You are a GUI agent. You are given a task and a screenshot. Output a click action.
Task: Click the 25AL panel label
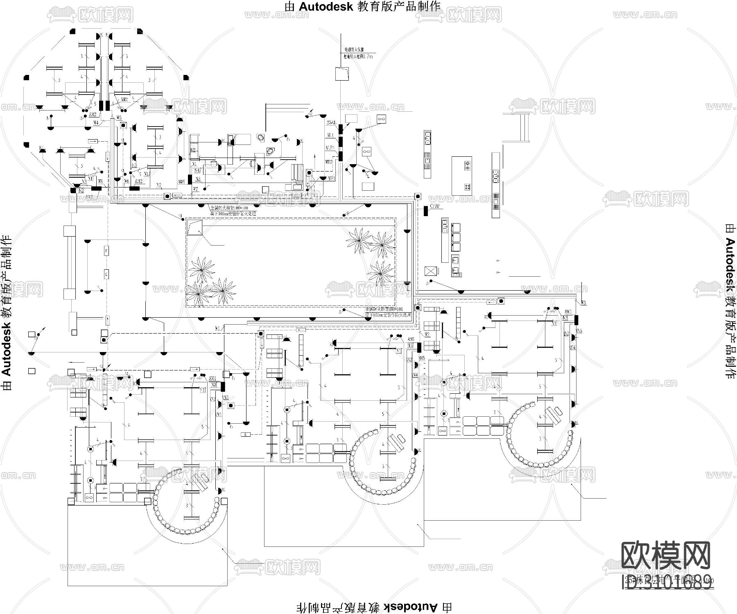pos(331,123)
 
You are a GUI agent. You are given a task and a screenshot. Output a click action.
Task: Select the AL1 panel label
pos(330,135)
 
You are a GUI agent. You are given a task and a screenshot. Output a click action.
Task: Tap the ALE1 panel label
pos(330,148)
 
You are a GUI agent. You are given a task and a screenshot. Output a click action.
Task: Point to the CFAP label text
pos(435,206)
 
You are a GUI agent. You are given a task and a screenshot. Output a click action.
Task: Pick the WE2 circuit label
pos(328,162)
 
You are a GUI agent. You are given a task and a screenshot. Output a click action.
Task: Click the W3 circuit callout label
pos(583,302)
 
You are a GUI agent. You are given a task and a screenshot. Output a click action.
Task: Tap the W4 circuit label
pos(95,122)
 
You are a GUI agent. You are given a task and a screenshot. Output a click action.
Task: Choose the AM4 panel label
pos(181,181)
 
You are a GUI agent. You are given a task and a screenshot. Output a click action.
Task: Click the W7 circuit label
pos(196,189)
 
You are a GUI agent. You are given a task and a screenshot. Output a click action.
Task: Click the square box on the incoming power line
pos(341,74)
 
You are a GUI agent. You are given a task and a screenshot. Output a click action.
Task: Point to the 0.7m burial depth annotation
pos(359,56)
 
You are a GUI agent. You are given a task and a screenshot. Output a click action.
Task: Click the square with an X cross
pos(431,271)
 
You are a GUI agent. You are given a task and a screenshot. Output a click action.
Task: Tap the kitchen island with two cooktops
pos(462,175)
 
